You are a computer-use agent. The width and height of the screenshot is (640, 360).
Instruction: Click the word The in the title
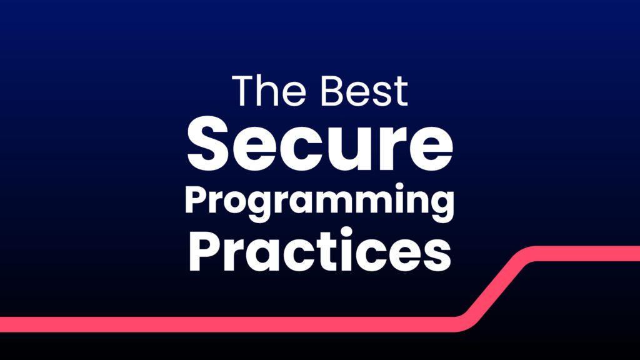pos(269,91)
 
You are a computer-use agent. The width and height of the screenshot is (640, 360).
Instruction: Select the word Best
pos(364,91)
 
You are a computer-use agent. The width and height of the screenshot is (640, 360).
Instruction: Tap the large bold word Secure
pos(320,144)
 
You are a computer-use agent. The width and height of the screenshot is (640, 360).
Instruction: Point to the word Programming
pos(319,202)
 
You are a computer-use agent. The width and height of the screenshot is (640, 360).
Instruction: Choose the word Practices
pos(319,250)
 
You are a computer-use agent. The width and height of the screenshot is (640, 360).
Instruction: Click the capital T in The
pos(244,91)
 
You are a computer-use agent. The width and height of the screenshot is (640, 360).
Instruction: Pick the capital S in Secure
pos(209,144)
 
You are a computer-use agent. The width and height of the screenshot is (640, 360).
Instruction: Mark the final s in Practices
pos(438,256)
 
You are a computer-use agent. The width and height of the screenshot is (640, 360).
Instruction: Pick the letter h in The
pos(269,91)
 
